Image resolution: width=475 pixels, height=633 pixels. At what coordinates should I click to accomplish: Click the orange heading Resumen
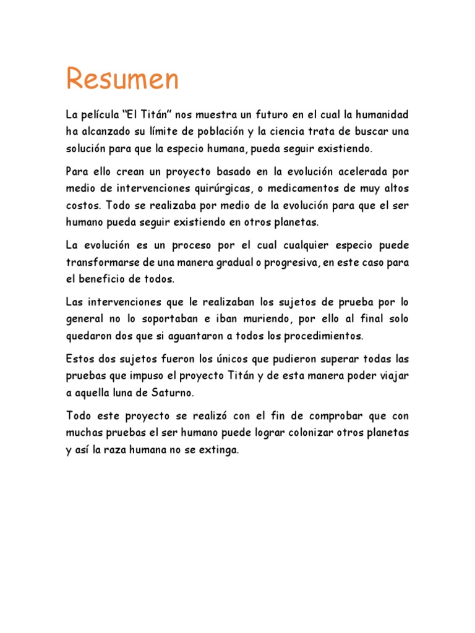tap(122, 79)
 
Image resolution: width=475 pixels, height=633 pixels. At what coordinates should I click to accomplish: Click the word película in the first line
tap(100, 116)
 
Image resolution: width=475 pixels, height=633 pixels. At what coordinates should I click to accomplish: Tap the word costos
tap(83, 204)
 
